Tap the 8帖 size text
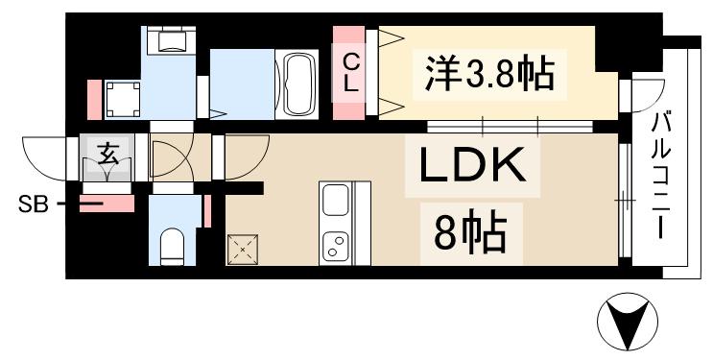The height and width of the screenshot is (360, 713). pos(469,231)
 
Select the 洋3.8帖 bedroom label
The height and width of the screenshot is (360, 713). pos(490,71)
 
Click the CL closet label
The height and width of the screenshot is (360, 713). pos(352,72)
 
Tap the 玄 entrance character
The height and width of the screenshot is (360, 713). pos(108,154)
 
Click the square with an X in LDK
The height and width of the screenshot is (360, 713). pos(244,251)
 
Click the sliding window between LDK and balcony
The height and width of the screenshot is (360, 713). pos(625,201)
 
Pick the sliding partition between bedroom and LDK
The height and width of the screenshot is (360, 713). pos(510,127)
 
